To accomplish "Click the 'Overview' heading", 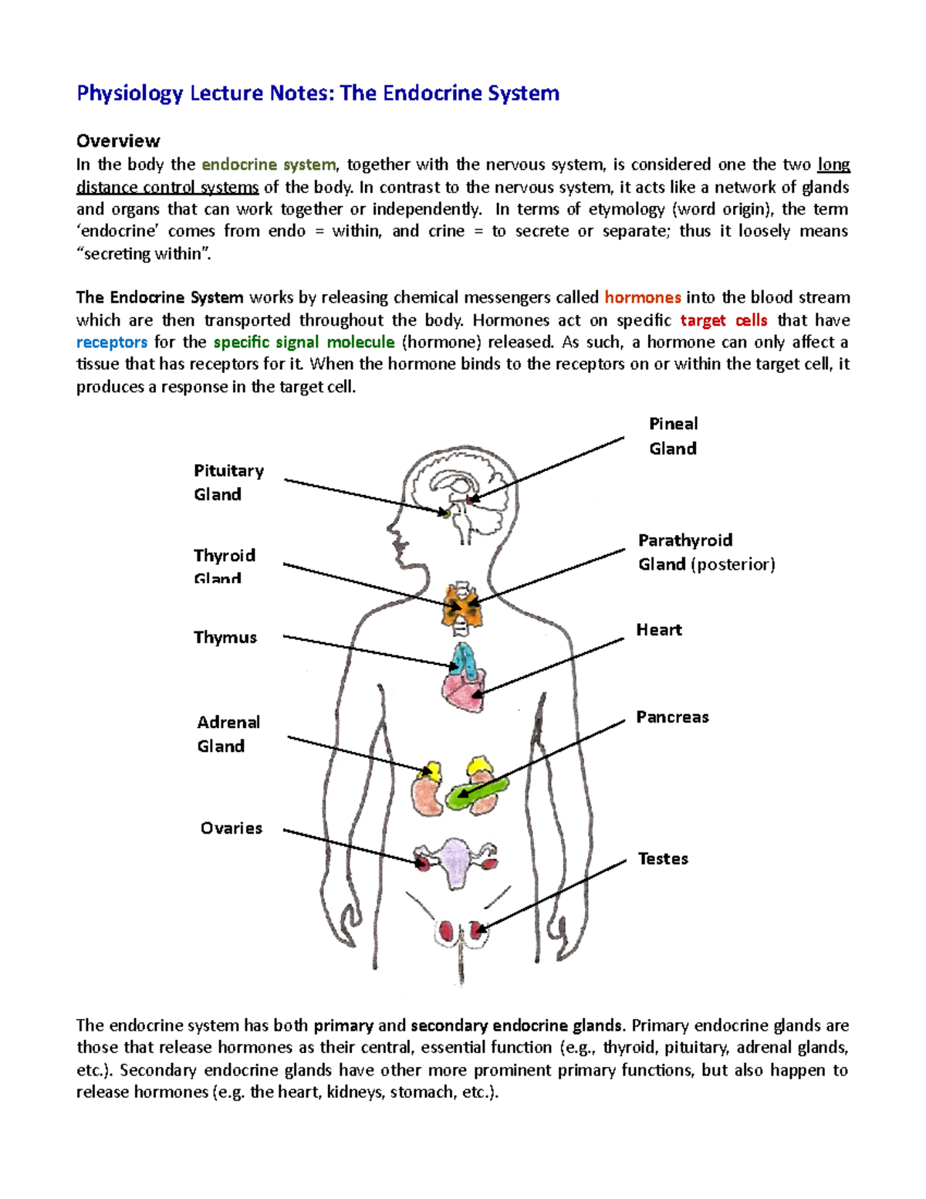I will pos(118,141).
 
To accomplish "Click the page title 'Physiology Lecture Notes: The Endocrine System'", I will pos(318,93).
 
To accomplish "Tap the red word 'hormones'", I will pos(642,298).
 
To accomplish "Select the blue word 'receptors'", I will pos(112,342).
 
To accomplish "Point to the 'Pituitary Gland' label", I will pos(228,483).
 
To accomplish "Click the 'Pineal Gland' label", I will pos(673,436).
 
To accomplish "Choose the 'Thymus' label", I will pos(225,638).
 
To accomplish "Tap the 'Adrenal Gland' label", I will pos(228,734).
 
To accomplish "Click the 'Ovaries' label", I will pos(231,828).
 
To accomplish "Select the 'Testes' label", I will pos(663,859).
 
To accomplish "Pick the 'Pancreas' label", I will pos(672,717).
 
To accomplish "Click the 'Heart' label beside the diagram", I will pos(659,630).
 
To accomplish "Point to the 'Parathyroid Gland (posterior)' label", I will pos(706,553).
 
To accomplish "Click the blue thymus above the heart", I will pos(465,660).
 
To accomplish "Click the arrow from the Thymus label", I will pos(370,651).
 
